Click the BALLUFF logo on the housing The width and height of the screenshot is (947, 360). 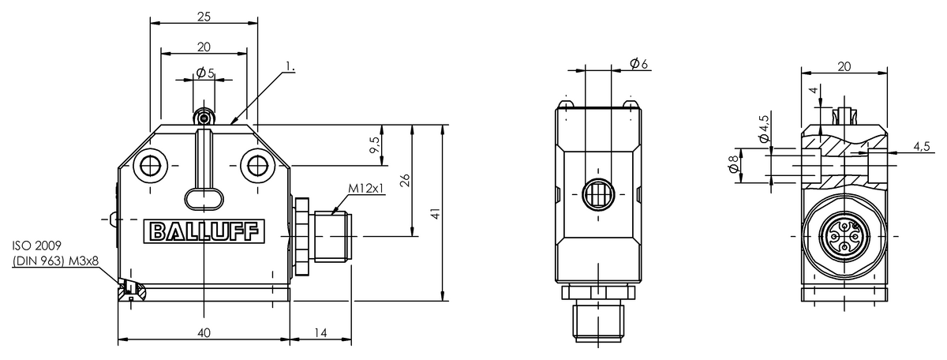point(204,231)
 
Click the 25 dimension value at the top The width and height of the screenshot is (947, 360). point(204,17)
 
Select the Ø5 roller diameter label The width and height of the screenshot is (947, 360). point(205,73)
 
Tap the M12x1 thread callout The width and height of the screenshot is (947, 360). point(366,188)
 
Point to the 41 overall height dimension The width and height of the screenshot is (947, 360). point(436,213)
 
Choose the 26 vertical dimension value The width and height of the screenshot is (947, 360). point(405,180)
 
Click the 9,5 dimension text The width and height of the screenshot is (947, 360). point(375,145)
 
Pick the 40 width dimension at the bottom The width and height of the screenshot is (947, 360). point(204,333)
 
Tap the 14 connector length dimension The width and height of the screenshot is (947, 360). point(321,333)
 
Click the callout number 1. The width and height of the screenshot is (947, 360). point(290,66)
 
